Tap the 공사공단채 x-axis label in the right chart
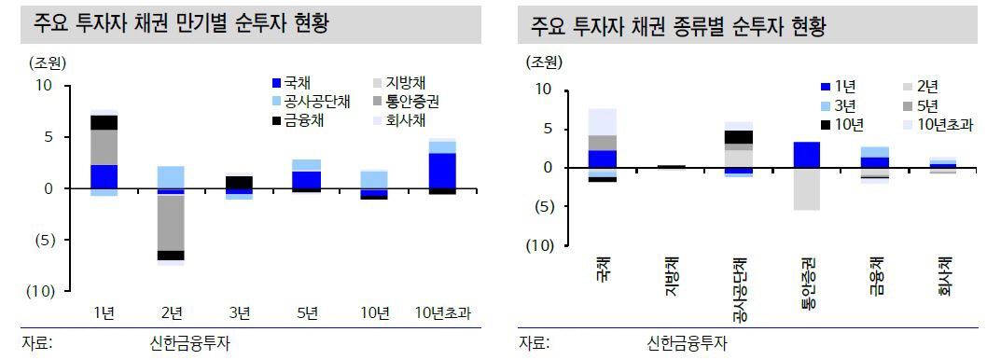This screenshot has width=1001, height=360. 739,288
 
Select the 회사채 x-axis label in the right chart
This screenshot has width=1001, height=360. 945,277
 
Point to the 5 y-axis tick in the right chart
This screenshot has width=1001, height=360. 548,129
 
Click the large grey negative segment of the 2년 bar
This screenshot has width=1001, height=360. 171,222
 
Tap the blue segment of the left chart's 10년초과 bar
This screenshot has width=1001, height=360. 442,171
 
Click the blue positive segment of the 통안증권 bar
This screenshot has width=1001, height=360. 807,155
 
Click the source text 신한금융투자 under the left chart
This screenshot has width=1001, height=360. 183,342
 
